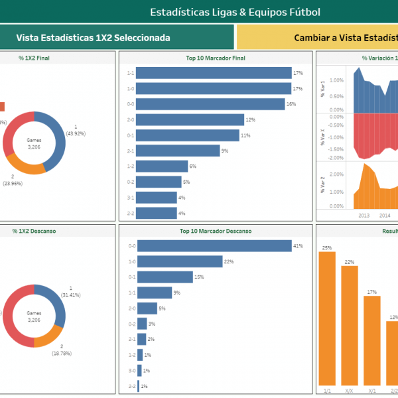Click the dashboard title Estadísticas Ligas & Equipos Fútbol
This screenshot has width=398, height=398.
[235, 12]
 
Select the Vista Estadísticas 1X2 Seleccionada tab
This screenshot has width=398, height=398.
[93, 38]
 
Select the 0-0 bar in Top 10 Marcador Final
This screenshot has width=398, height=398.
[206, 104]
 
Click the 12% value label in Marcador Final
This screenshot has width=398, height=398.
[250, 120]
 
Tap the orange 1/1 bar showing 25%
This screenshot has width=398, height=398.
[327, 318]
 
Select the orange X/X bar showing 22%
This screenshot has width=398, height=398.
[350, 326]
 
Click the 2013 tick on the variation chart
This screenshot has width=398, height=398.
[364, 215]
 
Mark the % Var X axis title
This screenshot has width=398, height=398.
[323, 137]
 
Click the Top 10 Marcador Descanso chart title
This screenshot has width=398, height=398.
[215, 232]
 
